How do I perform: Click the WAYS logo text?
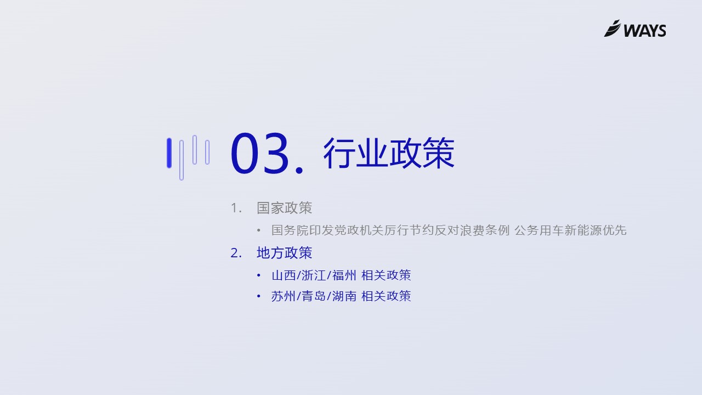[645, 30]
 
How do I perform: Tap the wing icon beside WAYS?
[613, 28]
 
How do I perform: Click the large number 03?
[259, 153]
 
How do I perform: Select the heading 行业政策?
[389, 153]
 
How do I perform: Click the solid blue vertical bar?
[169, 153]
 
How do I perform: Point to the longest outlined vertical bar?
[182, 160]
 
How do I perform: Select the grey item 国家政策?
[284, 208]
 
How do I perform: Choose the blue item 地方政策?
[284, 253]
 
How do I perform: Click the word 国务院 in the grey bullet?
[290, 230]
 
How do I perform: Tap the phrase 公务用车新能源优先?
[570, 230]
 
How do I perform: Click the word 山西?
[284, 275]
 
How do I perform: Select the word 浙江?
[314, 275]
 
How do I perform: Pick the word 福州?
[344, 275]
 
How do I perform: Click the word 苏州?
[284, 296]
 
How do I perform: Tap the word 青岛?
[314, 296]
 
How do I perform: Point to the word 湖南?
[344, 296]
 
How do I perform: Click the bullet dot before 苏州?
[258, 296]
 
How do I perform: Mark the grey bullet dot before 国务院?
[258, 230]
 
